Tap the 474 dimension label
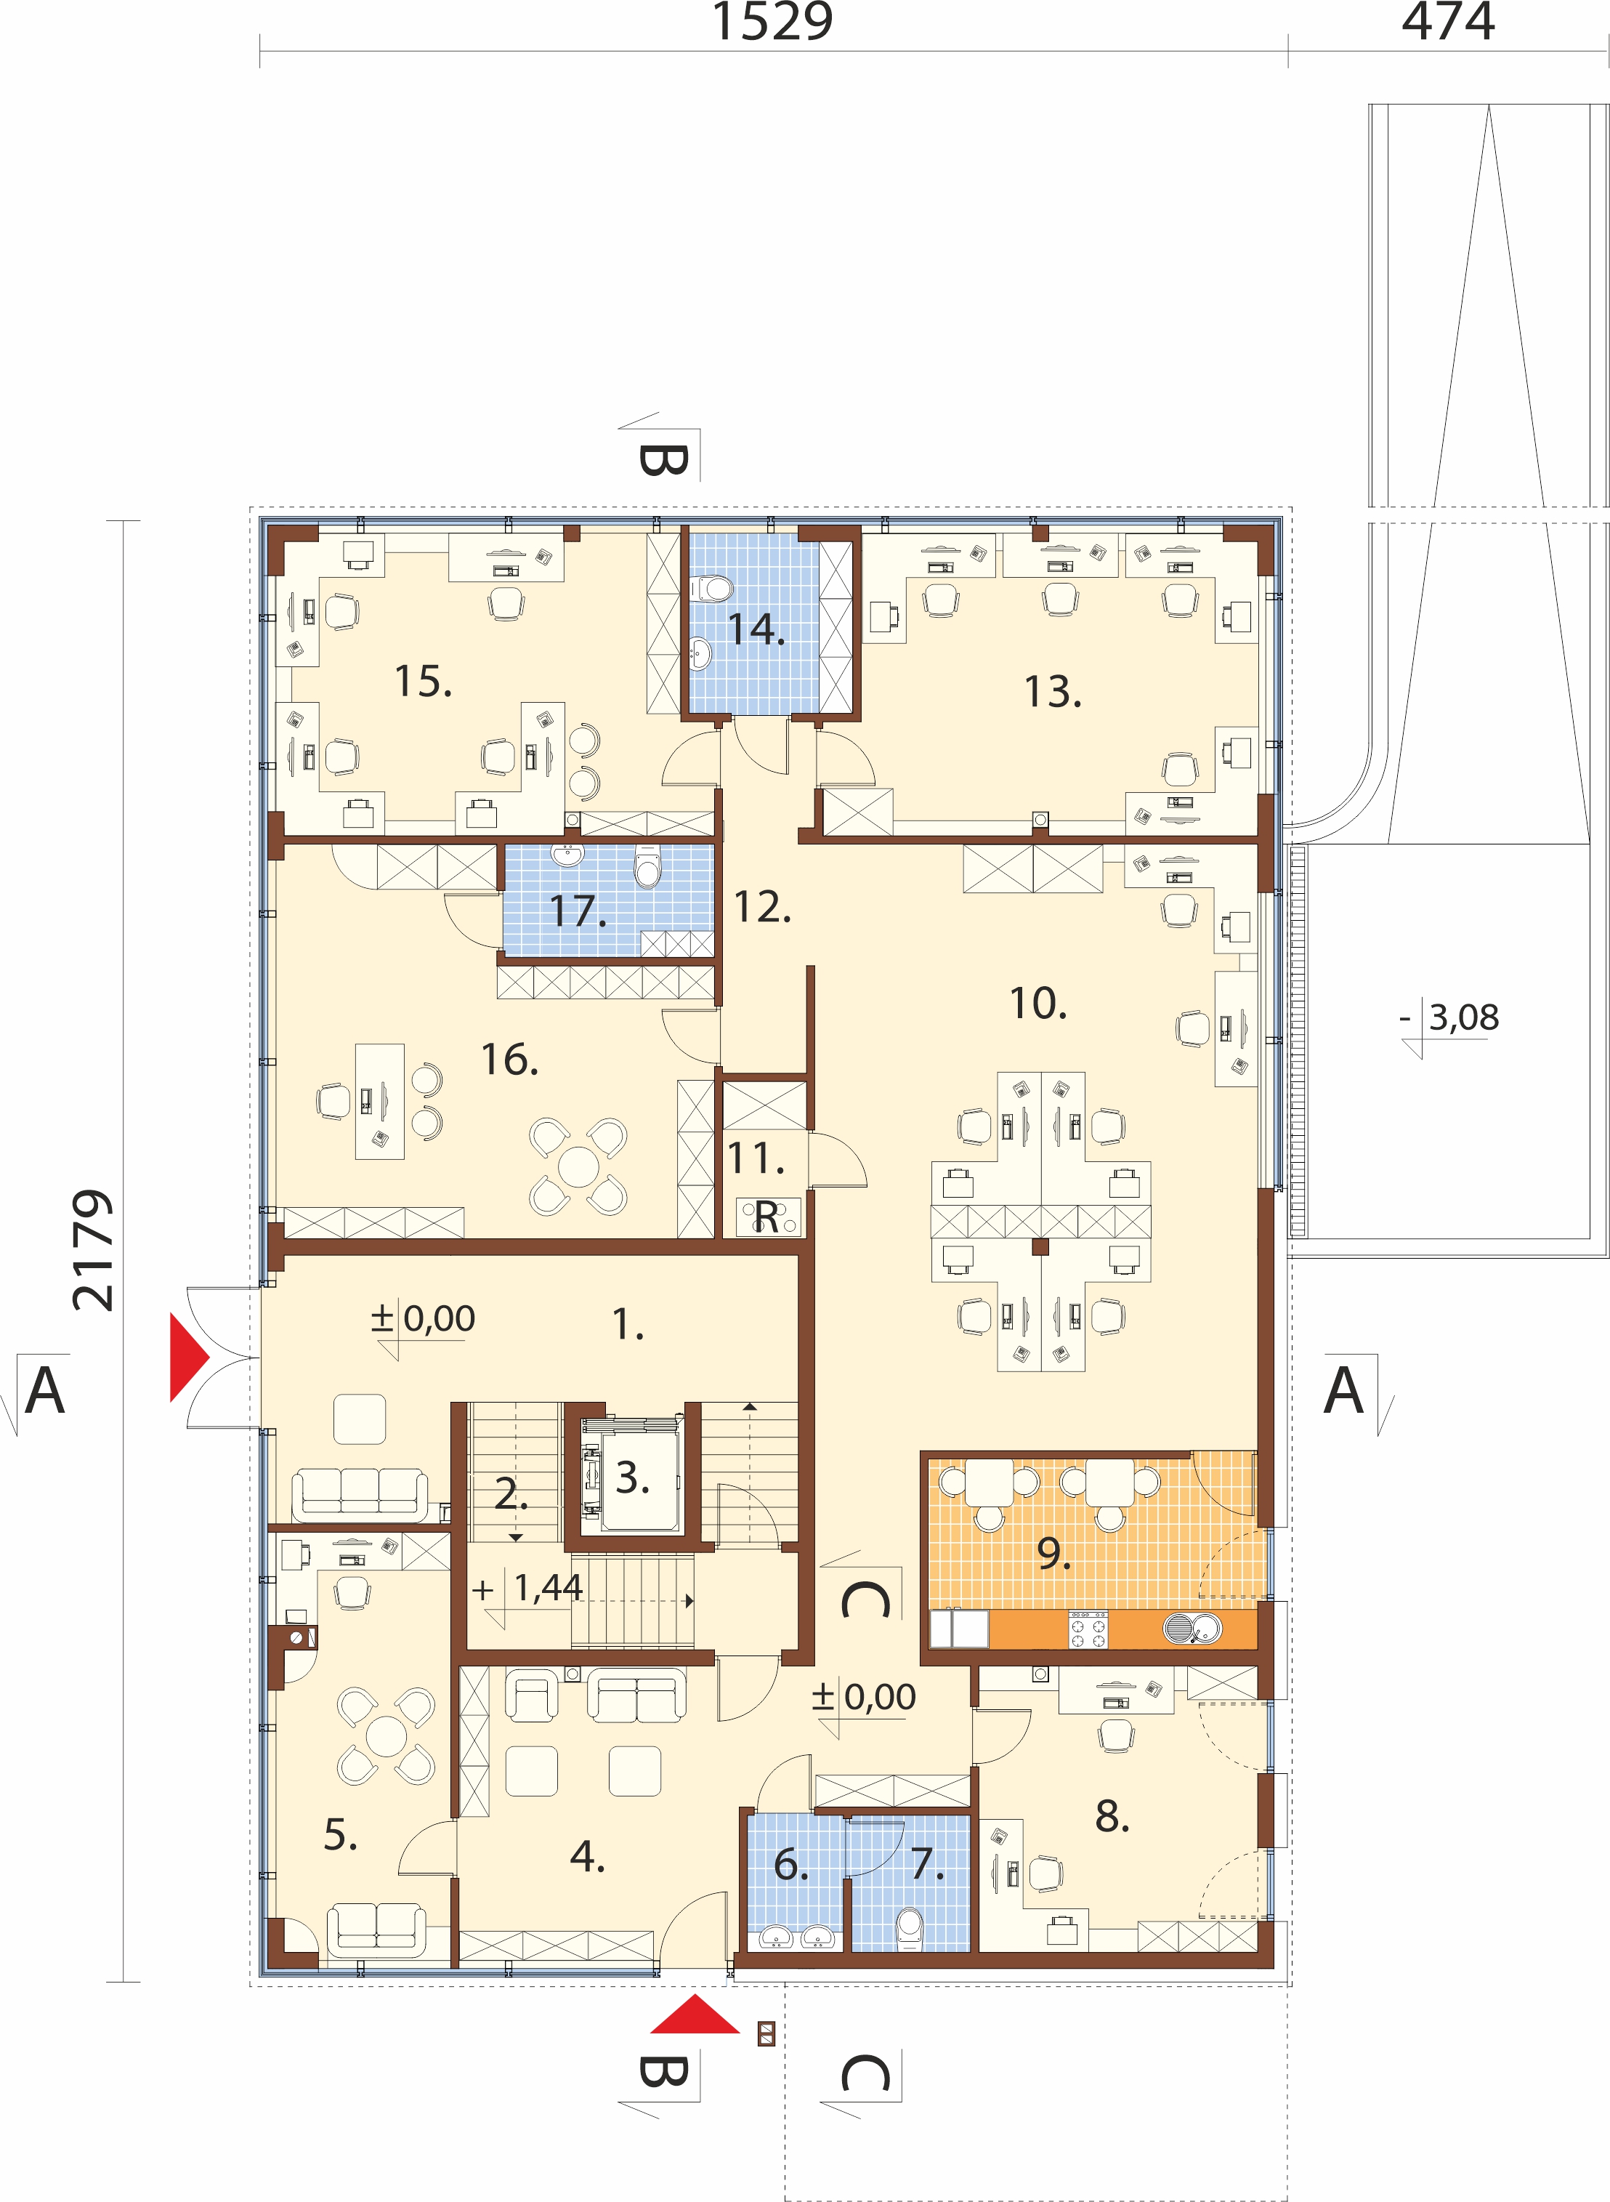1447,22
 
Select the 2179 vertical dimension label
94,1250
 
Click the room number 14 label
756,629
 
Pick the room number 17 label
578,911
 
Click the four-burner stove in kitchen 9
1088,1629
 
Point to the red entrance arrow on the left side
190,1357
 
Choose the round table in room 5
388,1735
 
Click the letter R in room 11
767,1217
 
